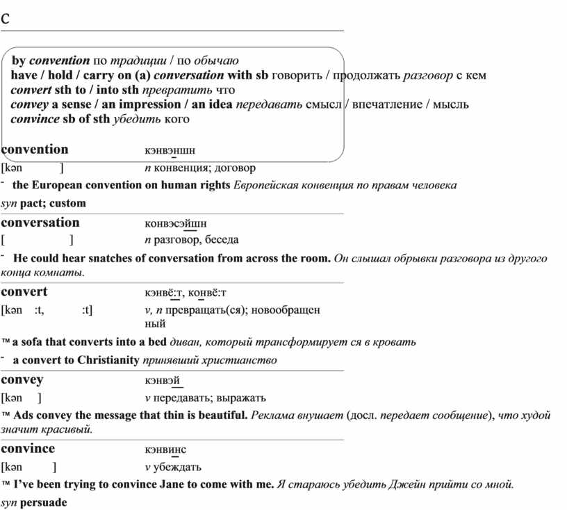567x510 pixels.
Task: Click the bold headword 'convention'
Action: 35,149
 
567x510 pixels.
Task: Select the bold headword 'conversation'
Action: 40,223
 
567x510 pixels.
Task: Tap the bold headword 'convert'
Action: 24,292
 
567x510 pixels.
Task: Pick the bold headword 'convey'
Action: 22,380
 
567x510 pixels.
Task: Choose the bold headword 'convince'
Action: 28,449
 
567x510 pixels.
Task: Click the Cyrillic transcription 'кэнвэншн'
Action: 170,150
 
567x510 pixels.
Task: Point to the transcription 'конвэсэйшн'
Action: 175,223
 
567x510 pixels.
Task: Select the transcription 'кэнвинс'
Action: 165,449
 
